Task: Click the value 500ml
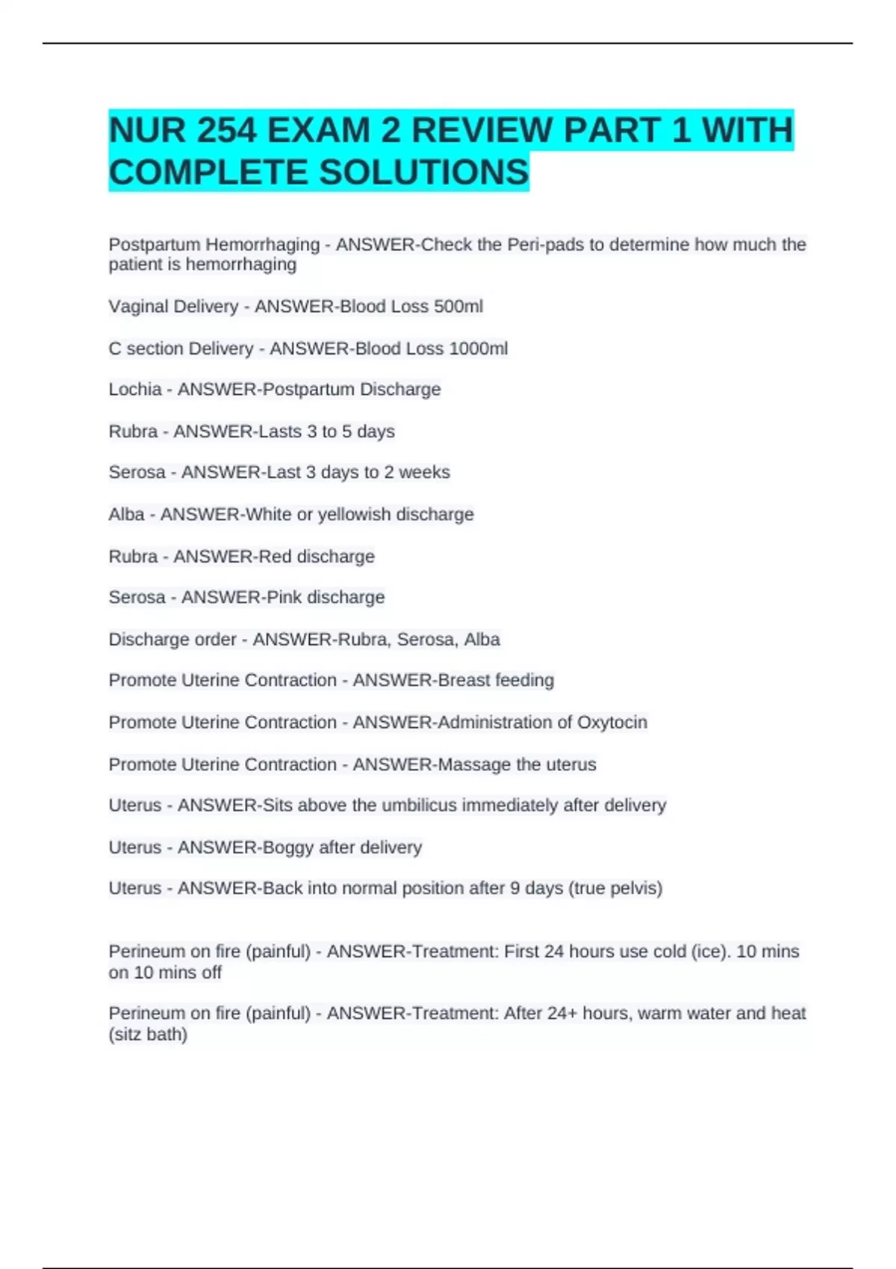pyautogui.click(x=458, y=307)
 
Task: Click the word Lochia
pyautogui.click(x=135, y=390)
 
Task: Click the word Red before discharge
pyautogui.click(x=275, y=557)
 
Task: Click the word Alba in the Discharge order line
pyautogui.click(x=482, y=640)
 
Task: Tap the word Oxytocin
pyautogui.click(x=612, y=723)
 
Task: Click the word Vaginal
pyautogui.click(x=136, y=307)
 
